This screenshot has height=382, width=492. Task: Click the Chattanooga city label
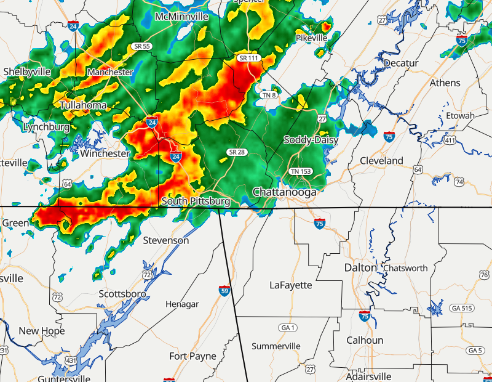284,192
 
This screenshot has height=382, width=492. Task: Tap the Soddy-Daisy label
311,140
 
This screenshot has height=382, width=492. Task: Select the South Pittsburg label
196,201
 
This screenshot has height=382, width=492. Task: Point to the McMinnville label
181,15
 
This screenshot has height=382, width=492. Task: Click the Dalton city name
360,267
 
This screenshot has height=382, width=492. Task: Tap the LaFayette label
291,285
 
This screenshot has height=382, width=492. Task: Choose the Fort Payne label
192,356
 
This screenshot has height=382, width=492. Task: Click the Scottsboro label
122,294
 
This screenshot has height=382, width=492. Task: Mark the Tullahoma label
83,105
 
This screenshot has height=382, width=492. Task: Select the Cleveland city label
381,161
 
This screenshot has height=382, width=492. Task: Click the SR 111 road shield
249,58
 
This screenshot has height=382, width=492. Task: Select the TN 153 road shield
301,171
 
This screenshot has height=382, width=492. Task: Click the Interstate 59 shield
224,291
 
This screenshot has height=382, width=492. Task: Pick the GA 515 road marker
461,308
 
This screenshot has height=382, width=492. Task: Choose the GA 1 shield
287,327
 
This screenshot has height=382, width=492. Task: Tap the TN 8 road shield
268,95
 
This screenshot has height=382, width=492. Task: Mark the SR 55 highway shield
142,47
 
